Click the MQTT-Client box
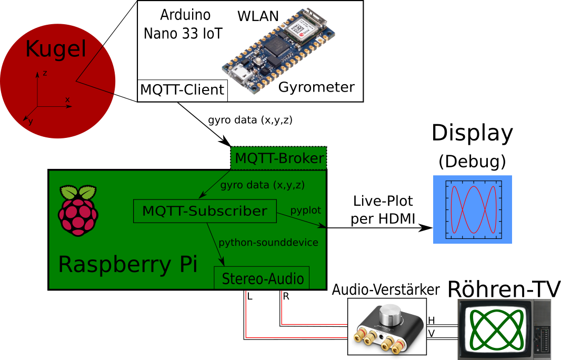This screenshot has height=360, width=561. [x=183, y=90]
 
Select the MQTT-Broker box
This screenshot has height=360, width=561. [x=279, y=158]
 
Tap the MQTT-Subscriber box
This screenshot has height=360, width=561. [x=205, y=211]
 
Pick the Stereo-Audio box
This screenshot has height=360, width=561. [x=262, y=278]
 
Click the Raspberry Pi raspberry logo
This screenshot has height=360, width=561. [x=78, y=211]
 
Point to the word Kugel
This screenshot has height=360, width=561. [x=56, y=48]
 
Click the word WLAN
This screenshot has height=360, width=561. [x=258, y=16]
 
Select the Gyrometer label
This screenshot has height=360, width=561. [x=316, y=87]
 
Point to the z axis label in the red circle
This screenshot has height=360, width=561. [x=45, y=73]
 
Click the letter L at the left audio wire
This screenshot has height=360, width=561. [x=250, y=297]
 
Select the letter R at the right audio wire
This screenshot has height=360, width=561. [x=286, y=297]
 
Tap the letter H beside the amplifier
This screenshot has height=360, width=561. [x=432, y=321]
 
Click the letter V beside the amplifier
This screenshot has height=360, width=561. [x=432, y=334]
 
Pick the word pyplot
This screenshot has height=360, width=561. [x=306, y=211]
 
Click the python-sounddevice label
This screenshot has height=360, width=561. [x=268, y=243]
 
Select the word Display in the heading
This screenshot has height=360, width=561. [x=472, y=133]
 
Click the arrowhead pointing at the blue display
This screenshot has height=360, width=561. [x=426, y=227]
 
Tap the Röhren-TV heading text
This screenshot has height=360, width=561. [x=504, y=289]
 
